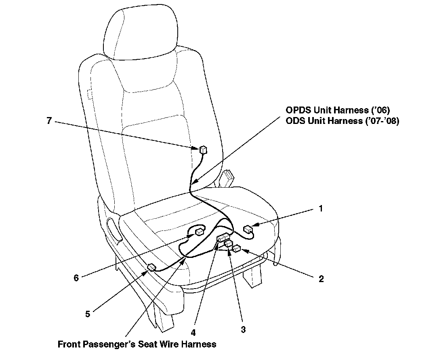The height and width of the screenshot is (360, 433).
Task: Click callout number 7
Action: tap(49, 120)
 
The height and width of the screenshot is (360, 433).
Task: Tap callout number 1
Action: tap(320, 209)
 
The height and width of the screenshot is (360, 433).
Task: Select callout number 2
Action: tap(321, 278)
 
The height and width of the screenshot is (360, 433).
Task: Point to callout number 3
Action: tap(243, 329)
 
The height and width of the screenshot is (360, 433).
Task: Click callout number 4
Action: tap(193, 333)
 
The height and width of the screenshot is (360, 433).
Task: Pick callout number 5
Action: tap(88, 314)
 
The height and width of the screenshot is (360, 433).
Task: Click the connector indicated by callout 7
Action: tap(204, 150)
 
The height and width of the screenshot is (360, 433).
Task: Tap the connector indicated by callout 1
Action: tap(248, 230)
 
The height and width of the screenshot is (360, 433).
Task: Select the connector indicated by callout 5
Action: tap(151, 267)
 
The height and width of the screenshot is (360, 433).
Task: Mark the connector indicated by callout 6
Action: tap(199, 232)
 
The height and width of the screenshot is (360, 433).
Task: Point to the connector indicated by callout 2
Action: tap(237, 249)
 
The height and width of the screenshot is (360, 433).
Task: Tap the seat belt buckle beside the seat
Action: tap(227, 178)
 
